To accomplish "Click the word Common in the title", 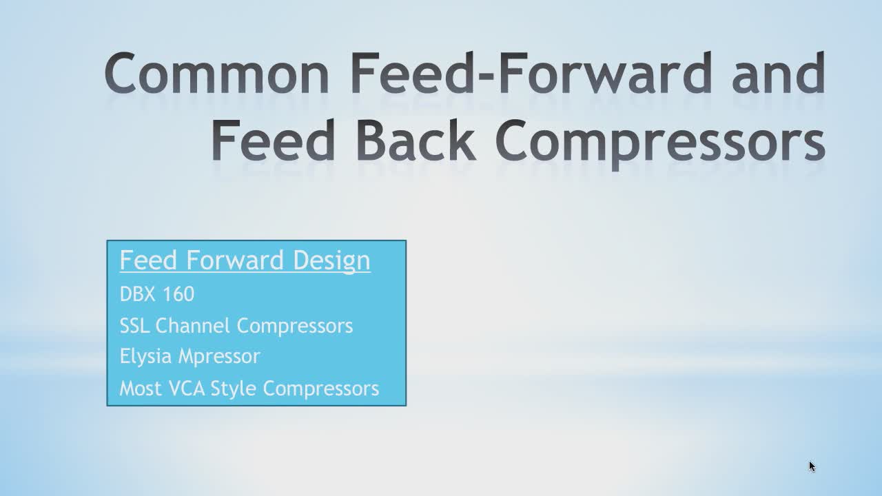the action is click(x=216, y=73).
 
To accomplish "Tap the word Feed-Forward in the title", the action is click(x=531, y=73).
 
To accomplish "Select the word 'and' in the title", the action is click(x=779, y=73).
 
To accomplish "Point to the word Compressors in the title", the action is click(x=660, y=144).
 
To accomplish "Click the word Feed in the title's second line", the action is click(x=274, y=140).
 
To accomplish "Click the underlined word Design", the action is click(x=331, y=260).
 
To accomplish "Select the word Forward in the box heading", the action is click(x=235, y=260).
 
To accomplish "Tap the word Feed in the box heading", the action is click(x=148, y=260).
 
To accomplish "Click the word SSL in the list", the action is click(x=134, y=326).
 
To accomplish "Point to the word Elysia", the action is click(x=145, y=357).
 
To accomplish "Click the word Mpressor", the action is click(x=219, y=357).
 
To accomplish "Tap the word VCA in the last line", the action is click(x=187, y=389).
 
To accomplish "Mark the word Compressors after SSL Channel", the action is click(x=294, y=327).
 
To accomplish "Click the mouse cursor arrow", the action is click(x=812, y=466).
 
